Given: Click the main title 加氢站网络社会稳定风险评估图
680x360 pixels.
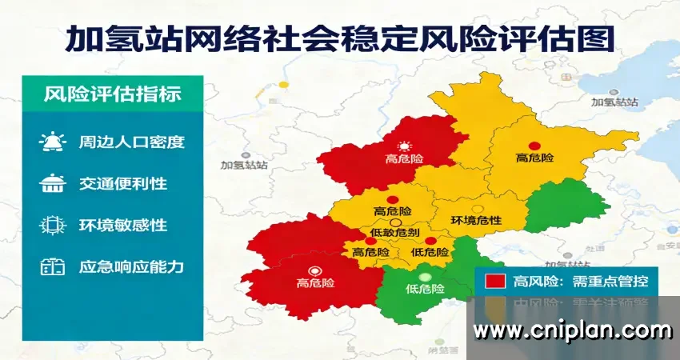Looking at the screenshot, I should pyautogui.click(x=339, y=37).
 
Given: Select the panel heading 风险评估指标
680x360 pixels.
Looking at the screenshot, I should pyautogui.click(x=113, y=94).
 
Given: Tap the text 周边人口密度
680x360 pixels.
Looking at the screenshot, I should pyautogui.click(x=132, y=142).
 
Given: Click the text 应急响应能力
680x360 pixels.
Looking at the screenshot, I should pyautogui.click(x=132, y=266).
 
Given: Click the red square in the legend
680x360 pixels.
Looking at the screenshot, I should pyautogui.click(x=495, y=281).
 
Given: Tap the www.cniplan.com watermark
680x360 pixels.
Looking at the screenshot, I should pyautogui.click(x=572, y=329).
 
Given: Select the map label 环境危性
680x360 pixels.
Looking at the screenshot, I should pyautogui.click(x=476, y=220).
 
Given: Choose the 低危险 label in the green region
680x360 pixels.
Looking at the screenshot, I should pyautogui.click(x=425, y=288).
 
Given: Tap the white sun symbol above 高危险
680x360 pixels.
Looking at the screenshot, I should pyautogui.click(x=405, y=146).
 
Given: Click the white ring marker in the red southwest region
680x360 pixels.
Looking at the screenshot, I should pyautogui.click(x=315, y=270).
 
